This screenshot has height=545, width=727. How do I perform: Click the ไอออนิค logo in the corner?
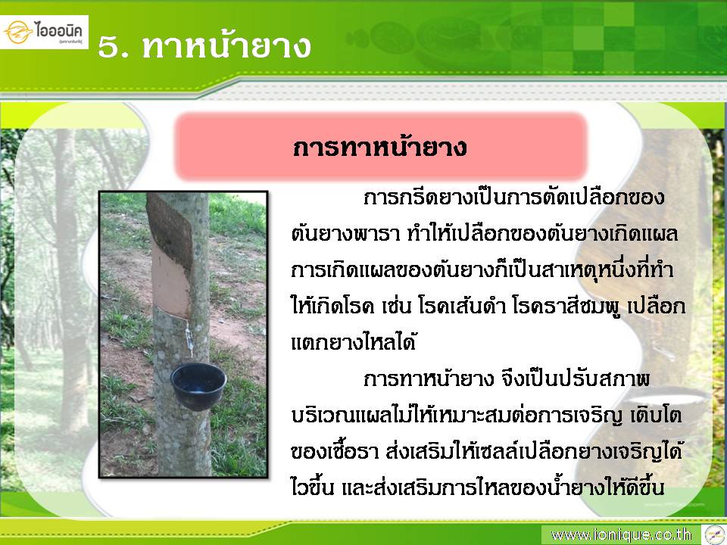(44, 32)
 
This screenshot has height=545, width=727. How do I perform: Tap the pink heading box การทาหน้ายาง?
(381, 147)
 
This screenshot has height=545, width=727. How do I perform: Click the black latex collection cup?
(198, 385)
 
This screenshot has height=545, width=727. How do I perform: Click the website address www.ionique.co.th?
(621, 535)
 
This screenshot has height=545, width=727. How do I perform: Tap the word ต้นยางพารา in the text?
(345, 234)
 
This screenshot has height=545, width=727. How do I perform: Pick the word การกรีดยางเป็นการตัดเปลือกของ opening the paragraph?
(513, 197)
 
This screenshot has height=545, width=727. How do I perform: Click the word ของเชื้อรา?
(335, 451)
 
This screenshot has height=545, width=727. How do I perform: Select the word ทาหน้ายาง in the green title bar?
(226, 46)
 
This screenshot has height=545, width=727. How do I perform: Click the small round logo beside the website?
(713, 535)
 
